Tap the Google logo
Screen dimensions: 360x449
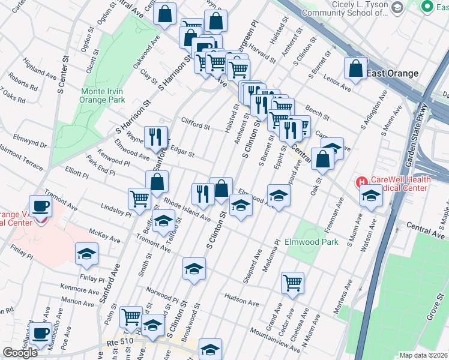tap(20, 353)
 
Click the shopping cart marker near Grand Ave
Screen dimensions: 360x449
tap(292, 282)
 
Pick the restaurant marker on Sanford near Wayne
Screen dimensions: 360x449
tap(155, 137)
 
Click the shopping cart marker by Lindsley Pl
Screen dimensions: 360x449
tap(139, 198)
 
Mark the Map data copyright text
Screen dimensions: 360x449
tap(423, 355)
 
